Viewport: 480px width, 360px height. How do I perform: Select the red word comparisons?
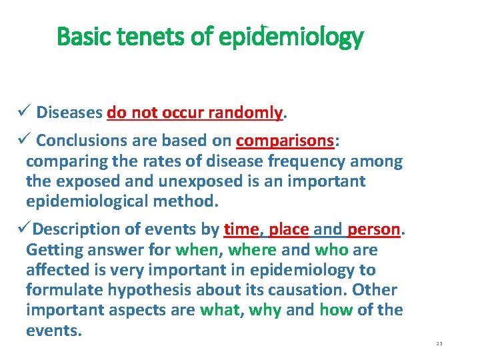point(285,141)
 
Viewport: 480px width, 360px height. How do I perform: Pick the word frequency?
point(311,161)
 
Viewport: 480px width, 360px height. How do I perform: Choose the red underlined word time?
point(241,230)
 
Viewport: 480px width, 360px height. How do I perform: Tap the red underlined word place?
point(289,230)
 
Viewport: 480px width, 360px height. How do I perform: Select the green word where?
point(252,250)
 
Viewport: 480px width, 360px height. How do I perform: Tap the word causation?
point(307,290)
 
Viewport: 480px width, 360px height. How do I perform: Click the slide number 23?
point(439,343)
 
